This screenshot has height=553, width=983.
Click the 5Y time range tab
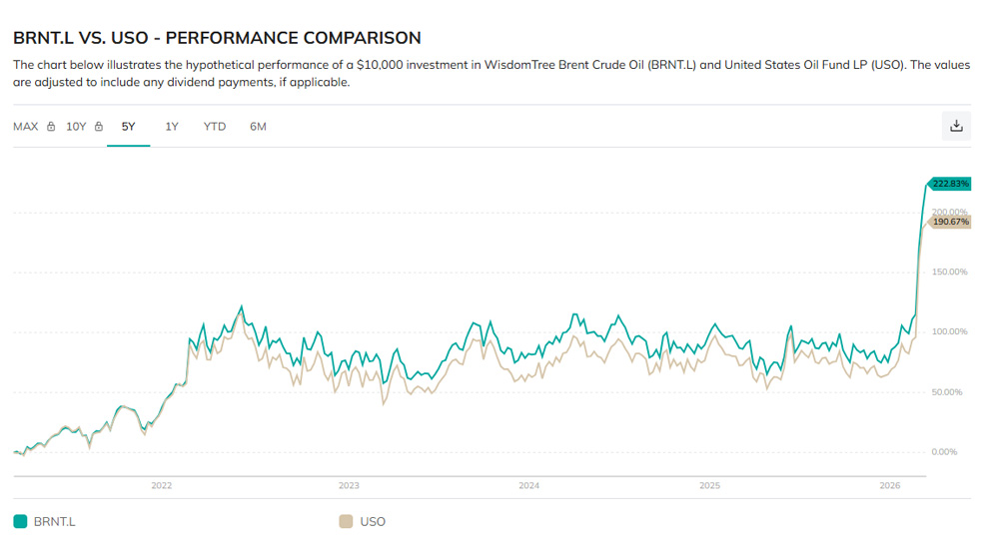tap(128, 127)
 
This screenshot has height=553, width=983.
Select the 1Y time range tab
tap(172, 127)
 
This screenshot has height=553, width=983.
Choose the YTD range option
tap(215, 127)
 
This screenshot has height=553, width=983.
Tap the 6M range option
tap(258, 127)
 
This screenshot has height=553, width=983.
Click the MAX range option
tap(26, 127)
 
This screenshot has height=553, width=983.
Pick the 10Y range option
tap(77, 127)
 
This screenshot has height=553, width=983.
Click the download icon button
tap(956, 126)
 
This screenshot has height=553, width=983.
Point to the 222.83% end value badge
tap(950, 184)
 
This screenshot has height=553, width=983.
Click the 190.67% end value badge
tap(950, 222)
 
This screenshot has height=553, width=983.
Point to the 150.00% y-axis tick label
tap(949, 272)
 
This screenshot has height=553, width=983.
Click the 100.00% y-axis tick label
tap(949, 331)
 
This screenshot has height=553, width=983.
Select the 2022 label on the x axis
tap(162, 486)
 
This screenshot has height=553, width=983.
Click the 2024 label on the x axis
tap(528, 486)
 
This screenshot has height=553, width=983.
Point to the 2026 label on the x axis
tap(890, 486)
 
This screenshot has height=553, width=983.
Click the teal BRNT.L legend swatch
tap(20, 521)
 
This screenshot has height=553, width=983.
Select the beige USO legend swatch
tap(346, 521)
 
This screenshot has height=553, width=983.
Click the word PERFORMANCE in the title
tap(225, 38)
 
